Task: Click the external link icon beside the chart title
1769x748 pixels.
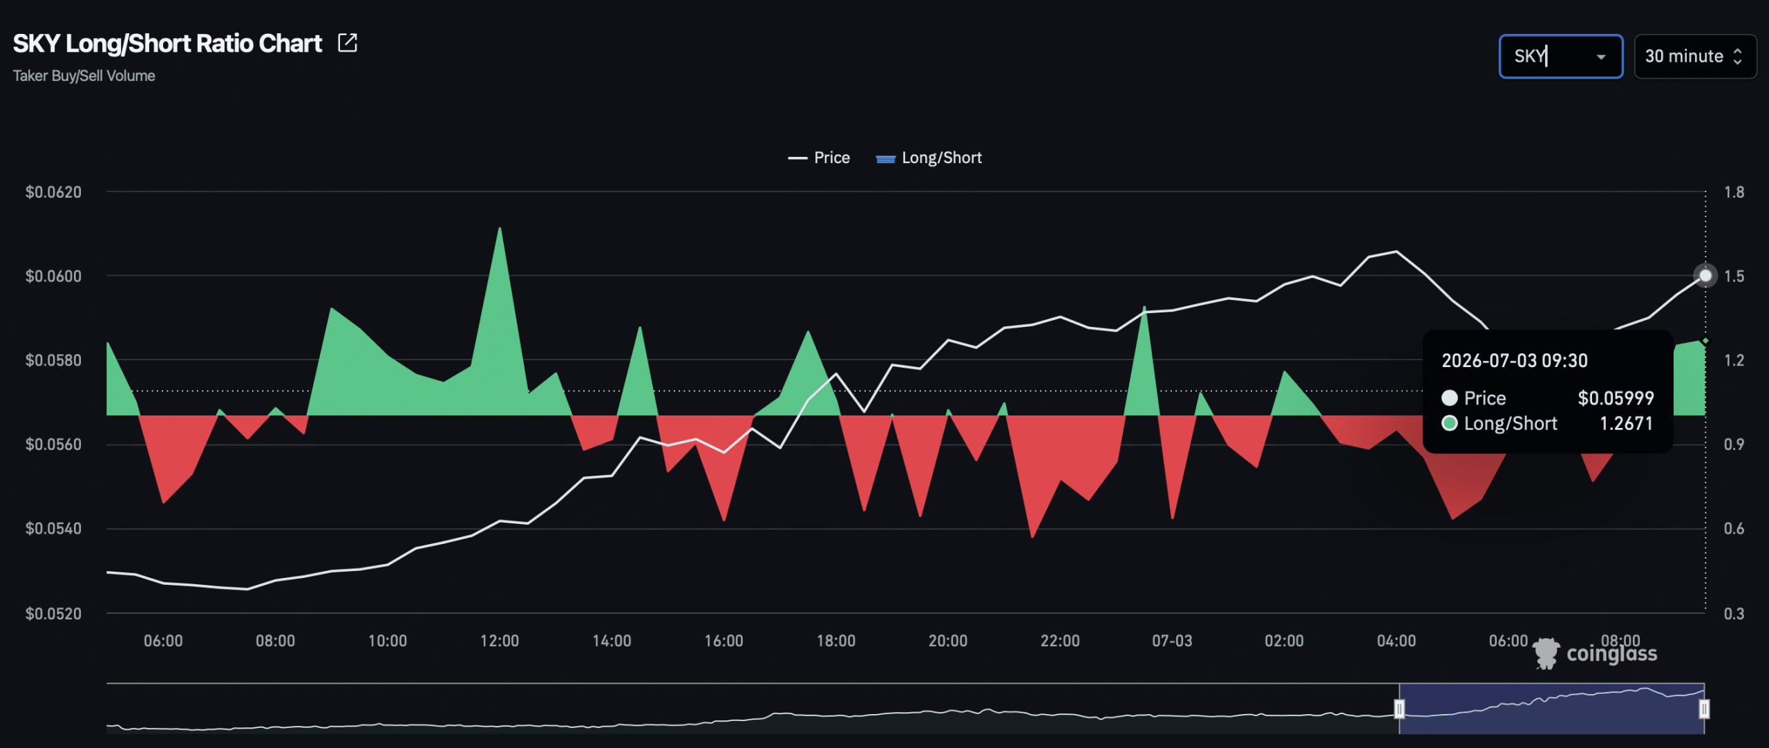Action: [x=348, y=43]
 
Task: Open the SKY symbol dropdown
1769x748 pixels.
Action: [x=1560, y=56]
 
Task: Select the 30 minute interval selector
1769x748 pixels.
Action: [x=1694, y=56]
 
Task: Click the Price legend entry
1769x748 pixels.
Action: [x=819, y=158]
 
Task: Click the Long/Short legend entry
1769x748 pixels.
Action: [x=929, y=158]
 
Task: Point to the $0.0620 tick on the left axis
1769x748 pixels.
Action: [x=53, y=192]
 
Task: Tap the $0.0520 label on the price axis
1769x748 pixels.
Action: [x=53, y=613]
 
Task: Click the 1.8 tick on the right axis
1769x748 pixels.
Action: [x=1734, y=192]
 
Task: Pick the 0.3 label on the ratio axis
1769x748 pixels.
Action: [x=1734, y=613]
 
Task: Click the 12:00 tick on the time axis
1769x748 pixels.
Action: [x=500, y=641]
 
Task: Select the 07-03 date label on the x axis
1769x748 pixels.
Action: [x=1172, y=641]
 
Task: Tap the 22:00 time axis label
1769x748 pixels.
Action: [x=1060, y=641]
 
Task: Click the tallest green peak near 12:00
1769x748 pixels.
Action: [x=500, y=229]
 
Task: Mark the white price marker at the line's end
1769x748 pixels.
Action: [x=1705, y=276]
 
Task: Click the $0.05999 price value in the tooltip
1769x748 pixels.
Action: [x=1616, y=398]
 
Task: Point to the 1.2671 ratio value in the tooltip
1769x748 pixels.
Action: [x=1626, y=423]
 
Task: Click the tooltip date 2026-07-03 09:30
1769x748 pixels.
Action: [x=1514, y=361]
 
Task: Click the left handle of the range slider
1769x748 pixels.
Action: [x=1399, y=709]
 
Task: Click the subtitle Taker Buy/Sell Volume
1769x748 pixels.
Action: [x=84, y=76]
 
